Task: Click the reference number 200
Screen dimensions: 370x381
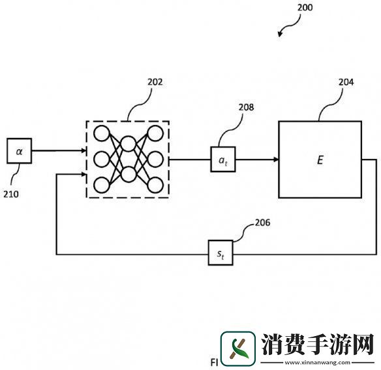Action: tap(304, 8)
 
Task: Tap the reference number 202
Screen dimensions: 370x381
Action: tap(155, 83)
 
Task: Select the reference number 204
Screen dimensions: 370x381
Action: tap(346, 83)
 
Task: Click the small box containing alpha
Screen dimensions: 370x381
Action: tap(20, 150)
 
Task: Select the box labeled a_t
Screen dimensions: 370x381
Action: tap(222, 159)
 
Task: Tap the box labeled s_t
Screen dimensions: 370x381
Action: tap(221, 253)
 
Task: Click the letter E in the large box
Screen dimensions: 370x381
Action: tap(320, 159)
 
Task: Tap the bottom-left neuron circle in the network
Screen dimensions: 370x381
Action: tap(101, 184)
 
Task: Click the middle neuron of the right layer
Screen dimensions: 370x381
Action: tap(155, 159)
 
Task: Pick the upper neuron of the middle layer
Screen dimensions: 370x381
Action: tap(128, 145)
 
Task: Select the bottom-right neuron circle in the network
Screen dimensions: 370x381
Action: tap(155, 184)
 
